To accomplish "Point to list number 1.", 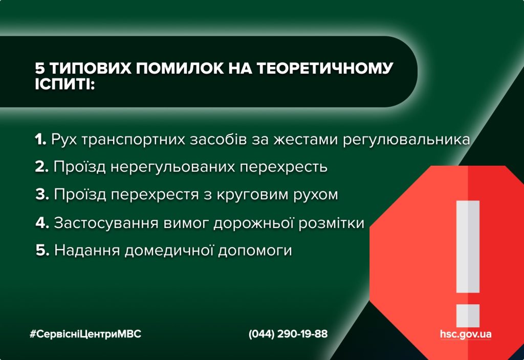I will pos(40,140).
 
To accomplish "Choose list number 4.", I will pos(42,223).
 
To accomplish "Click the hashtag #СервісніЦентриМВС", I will pos(85,334).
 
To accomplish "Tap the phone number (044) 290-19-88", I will pos(288,334).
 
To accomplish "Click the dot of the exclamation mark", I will pos(468,315).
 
